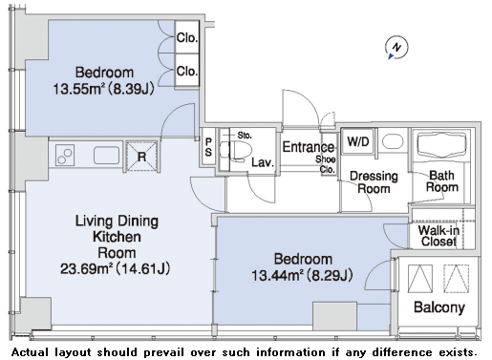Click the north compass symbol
tap(396, 48)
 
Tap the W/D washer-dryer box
tap(358, 141)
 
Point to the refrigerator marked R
tap(142, 156)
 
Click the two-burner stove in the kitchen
tap(65, 155)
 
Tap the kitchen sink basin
tap(107, 156)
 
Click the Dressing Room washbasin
tap(393, 141)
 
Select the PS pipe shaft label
tap(208, 147)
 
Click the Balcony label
tap(439, 307)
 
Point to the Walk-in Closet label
tap(439, 236)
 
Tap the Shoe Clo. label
tap(326, 164)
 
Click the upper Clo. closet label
tap(187, 38)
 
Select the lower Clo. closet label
tap(187, 71)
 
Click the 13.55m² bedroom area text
tap(103, 89)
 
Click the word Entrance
tap(309, 147)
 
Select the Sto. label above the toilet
tap(245, 136)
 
